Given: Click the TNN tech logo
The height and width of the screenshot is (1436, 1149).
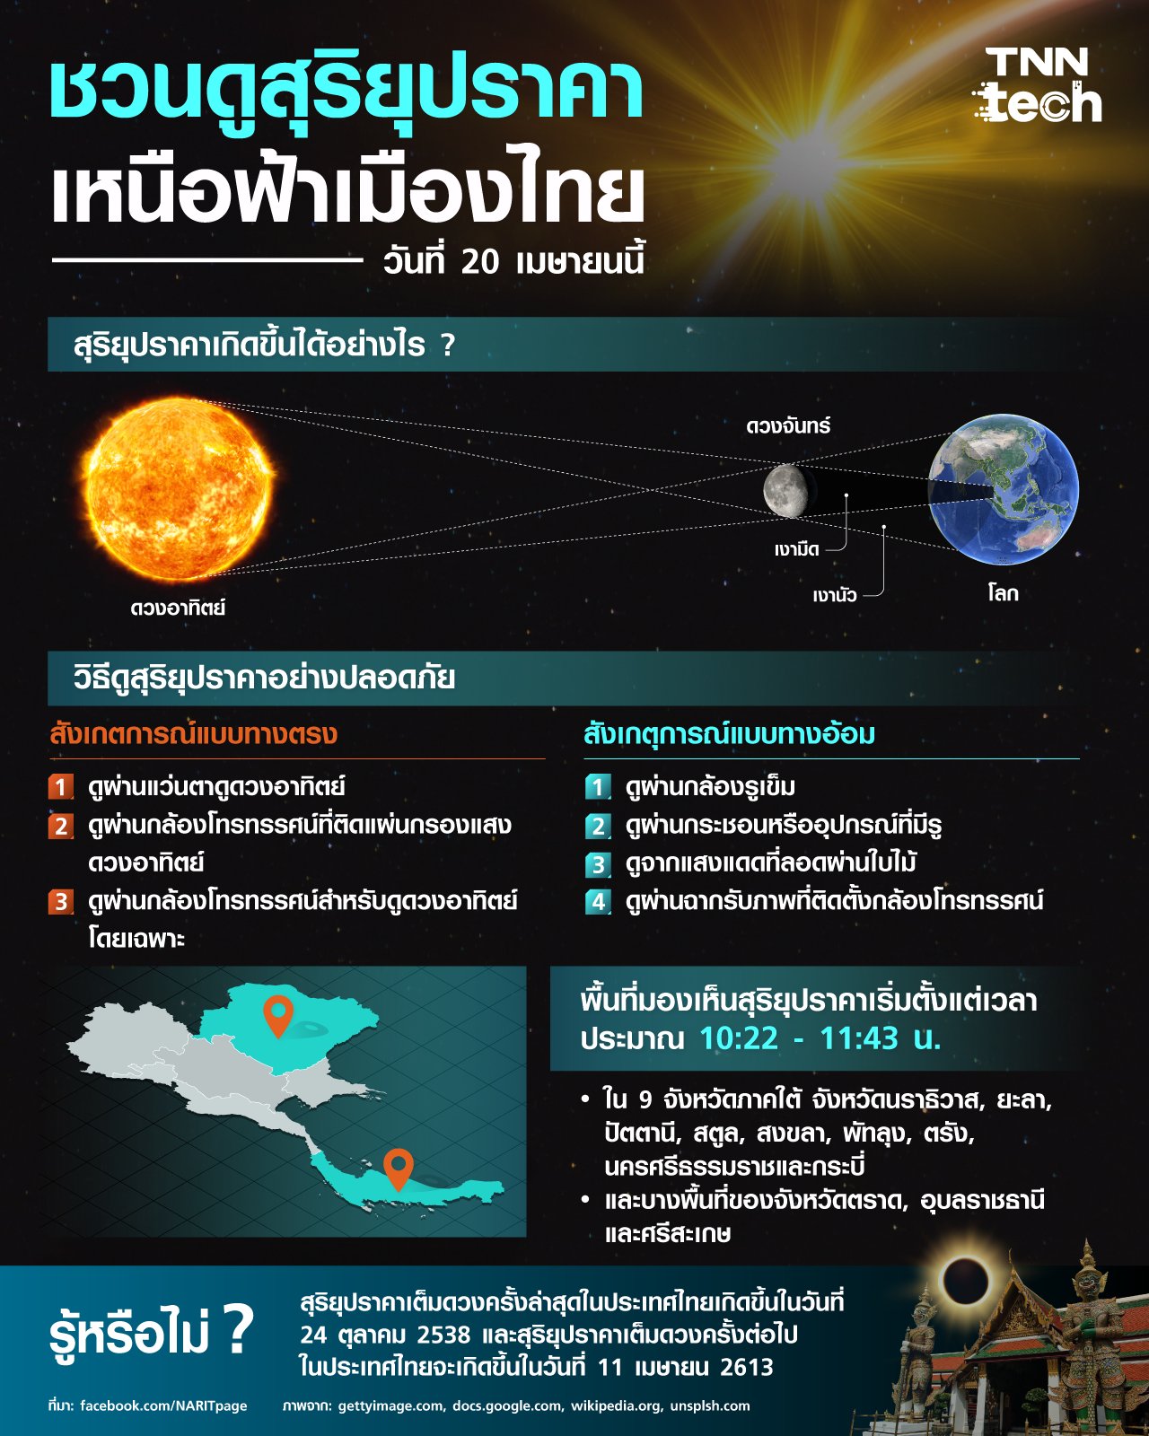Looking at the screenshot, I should tap(1039, 86).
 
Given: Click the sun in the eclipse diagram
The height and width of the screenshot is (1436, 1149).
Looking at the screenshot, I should tap(180, 490).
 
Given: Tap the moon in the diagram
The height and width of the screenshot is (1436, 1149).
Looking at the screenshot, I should tap(786, 491).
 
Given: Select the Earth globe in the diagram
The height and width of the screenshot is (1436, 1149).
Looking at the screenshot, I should tap(1003, 490).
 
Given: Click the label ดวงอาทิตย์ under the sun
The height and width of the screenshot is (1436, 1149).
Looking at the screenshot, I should tap(178, 609).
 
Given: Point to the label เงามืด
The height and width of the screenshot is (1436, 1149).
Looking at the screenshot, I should tap(797, 549).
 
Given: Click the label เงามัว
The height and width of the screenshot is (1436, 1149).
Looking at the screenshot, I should tap(834, 595).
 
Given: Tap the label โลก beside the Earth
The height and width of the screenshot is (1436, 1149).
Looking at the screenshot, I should tap(1003, 593).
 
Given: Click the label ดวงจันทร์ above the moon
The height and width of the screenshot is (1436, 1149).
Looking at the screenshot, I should tap(788, 425).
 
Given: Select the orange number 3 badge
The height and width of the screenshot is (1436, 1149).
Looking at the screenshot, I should tap(61, 902).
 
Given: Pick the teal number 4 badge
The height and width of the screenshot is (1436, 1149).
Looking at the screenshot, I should tap(598, 902).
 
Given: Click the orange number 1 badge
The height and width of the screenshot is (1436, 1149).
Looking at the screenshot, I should tap(61, 787).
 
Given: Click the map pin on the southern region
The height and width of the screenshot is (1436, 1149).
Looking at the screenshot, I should tap(398, 1169).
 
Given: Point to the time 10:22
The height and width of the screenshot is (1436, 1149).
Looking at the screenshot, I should tap(739, 1038).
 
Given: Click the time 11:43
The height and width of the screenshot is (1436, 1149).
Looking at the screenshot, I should tap(859, 1038).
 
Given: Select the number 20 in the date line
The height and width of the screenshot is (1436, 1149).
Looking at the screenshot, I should tap(479, 261).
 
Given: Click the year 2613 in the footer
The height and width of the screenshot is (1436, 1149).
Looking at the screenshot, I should tap(747, 1367).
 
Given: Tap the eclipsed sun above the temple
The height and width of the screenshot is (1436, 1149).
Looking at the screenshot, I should tap(964, 1280).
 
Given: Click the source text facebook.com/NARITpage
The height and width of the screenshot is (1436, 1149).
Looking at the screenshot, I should tap(163, 1405).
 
